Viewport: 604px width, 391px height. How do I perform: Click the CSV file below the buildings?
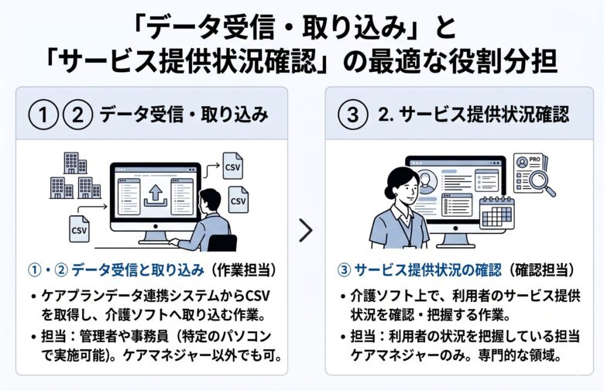click(x=79, y=228)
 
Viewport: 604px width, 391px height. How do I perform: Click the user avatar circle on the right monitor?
click(x=427, y=180)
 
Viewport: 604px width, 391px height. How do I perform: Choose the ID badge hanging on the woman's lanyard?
click(x=402, y=233)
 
